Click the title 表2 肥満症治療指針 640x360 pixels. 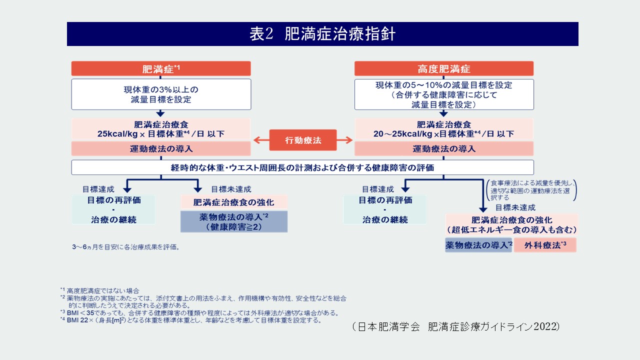coord(322,34)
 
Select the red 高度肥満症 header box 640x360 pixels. coord(443,68)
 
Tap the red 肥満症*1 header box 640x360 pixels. coord(161,68)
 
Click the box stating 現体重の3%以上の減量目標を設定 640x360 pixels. coord(161,94)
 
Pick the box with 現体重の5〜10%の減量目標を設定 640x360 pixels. coord(443,94)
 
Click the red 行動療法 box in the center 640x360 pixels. coord(302,140)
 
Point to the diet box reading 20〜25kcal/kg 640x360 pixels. coord(443,129)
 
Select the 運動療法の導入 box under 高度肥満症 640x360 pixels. coord(443,148)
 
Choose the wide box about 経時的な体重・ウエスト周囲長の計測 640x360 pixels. coord(302,167)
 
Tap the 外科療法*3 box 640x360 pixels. coord(545,245)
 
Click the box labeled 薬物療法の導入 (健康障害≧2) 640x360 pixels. coord(233,221)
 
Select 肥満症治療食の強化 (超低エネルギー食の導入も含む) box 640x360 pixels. coord(511,224)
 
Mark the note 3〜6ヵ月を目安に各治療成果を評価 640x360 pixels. coord(125,247)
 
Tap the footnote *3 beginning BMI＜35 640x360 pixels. coord(200,313)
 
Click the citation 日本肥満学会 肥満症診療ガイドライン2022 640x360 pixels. coord(455,326)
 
